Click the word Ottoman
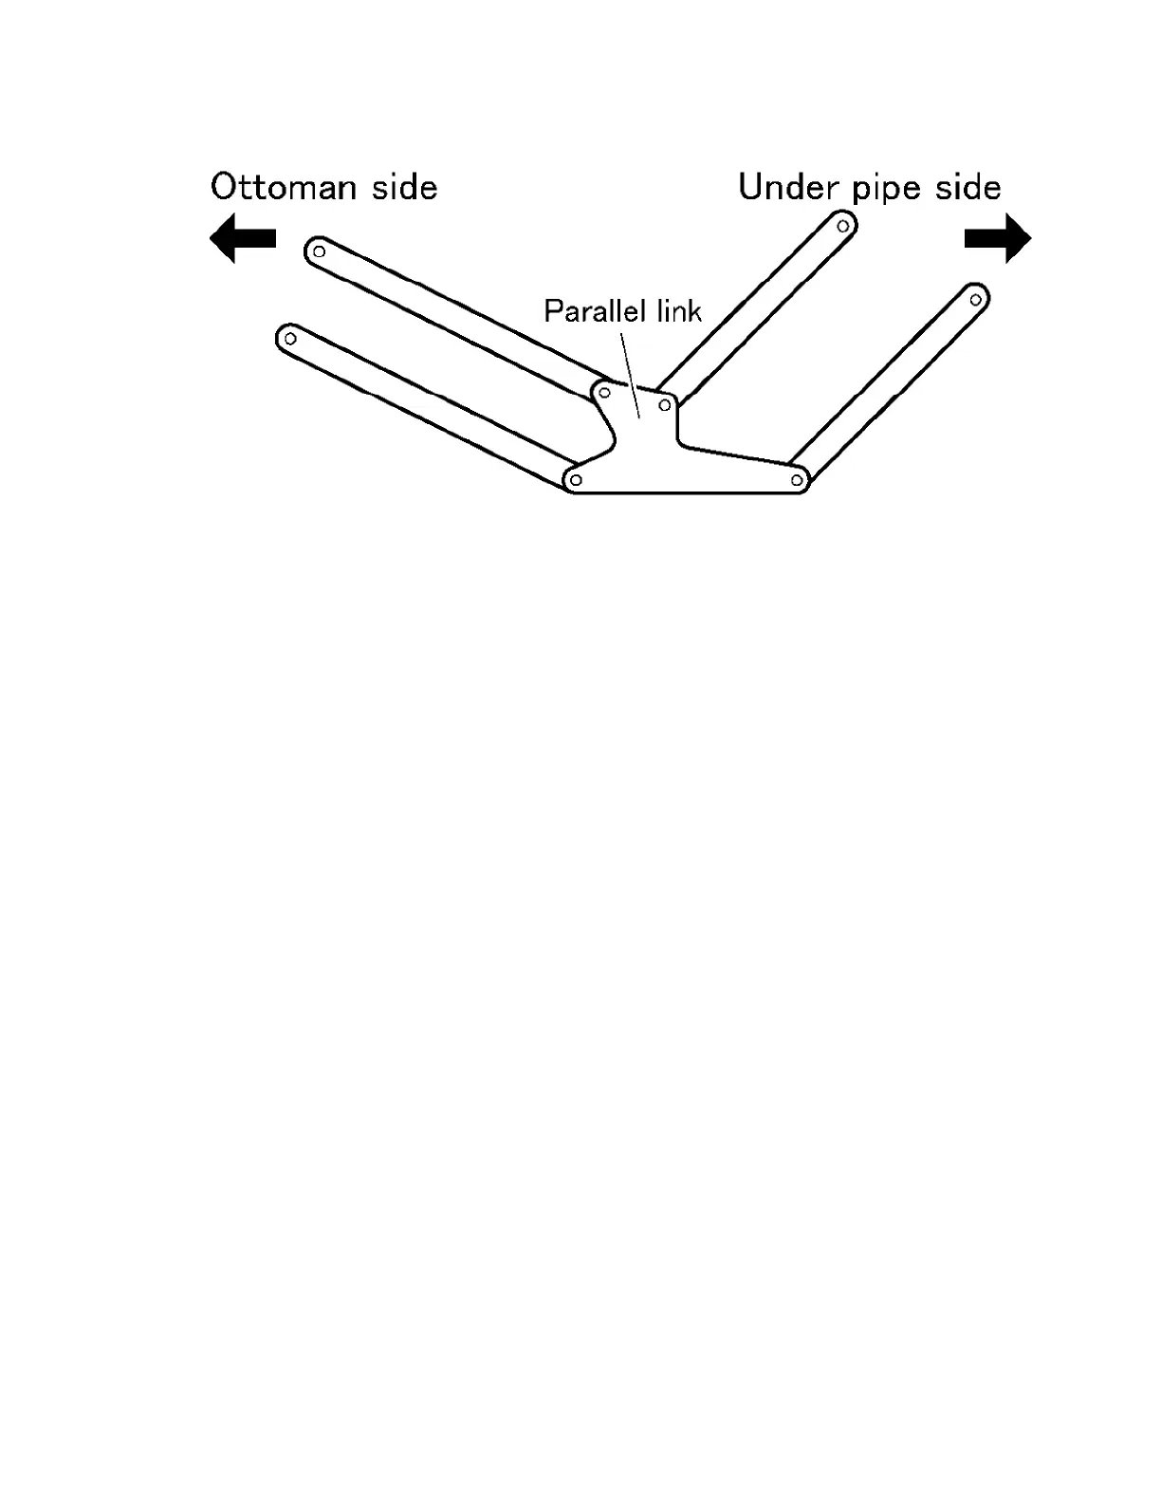coord(285,187)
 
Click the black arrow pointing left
coord(242,238)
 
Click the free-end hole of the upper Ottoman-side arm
coord(320,251)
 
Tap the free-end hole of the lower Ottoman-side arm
coord(291,338)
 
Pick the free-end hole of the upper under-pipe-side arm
coord(842,226)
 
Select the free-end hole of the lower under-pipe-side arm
coord(975,300)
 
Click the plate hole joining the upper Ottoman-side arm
coord(604,392)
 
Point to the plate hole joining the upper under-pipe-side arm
coord(665,405)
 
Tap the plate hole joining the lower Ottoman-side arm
coord(576,480)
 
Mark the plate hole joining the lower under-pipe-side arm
coord(797,480)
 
